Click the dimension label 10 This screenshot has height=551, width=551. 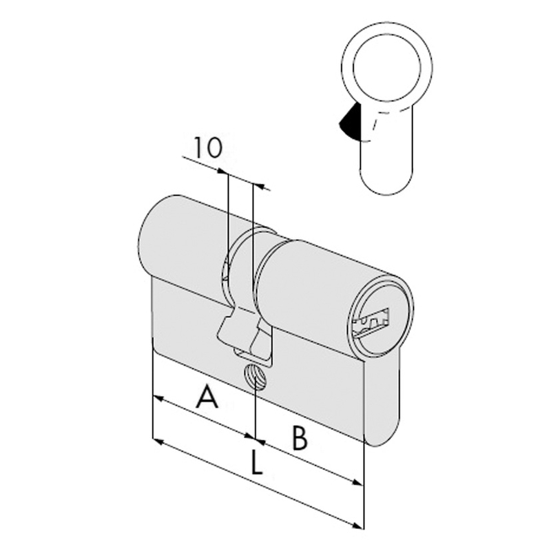pyautogui.click(x=209, y=147)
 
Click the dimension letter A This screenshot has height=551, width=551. pyautogui.click(x=207, y=397)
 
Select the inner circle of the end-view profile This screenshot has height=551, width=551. pyautogui.click(x=387, y=67)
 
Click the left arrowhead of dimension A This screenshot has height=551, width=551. pyautogui.click(x=158, y=399)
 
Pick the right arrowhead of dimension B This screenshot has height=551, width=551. pyautogui.click(x=357, y=481)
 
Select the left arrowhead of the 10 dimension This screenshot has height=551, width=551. pyautogui.click(x=221, y=171)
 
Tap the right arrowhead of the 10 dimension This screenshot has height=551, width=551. pyautogui.click(x=259, y=186)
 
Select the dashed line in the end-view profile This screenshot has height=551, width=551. pyautogui.click(x=380, y=123)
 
